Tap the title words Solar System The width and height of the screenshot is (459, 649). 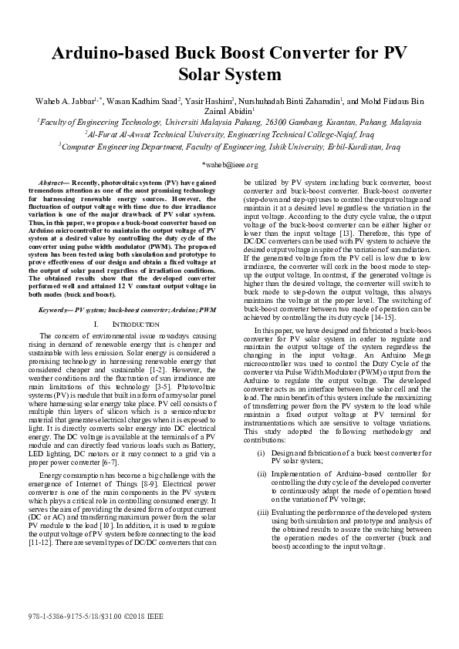tap(229, 76)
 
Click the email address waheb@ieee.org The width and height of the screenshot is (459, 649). tap(229, 165)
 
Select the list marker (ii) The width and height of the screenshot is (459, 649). tap(262, 474)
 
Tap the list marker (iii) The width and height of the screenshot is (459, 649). tap(263, 513)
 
